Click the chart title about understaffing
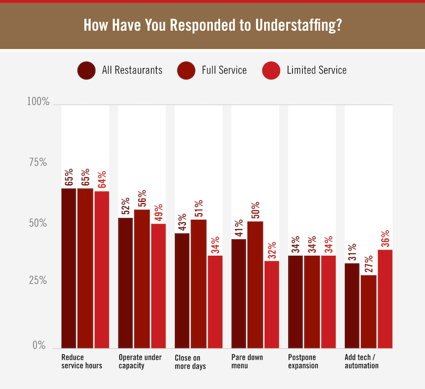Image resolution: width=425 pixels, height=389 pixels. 212,26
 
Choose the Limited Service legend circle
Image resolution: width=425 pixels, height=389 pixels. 273,70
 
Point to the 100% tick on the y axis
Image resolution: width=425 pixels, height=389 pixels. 38,102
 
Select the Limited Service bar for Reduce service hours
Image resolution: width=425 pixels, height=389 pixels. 102,269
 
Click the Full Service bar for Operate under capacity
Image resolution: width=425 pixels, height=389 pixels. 142,278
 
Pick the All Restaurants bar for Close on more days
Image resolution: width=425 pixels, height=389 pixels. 182,290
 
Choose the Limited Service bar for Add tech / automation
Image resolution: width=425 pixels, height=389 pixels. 385,298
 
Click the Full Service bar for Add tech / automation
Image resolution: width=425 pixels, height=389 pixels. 369,311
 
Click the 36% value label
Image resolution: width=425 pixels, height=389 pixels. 385,238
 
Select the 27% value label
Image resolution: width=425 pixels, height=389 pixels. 369,263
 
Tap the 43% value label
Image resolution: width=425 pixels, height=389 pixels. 182,221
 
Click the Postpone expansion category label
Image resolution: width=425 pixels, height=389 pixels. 303,361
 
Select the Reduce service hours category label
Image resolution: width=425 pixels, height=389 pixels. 81,361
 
